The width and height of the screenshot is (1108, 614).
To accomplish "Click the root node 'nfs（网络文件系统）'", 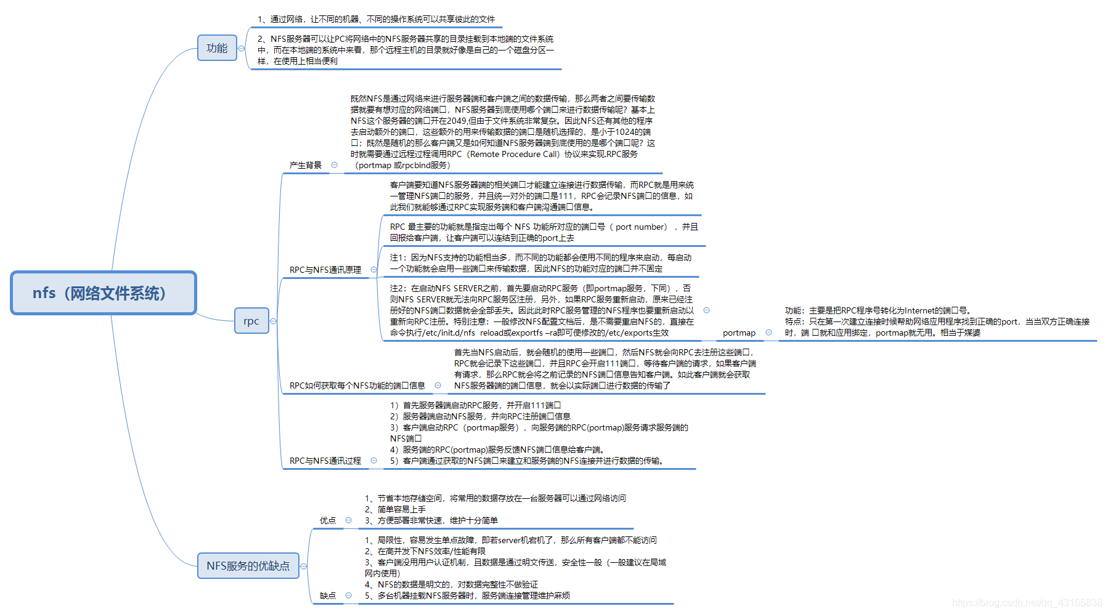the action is pos(104,293).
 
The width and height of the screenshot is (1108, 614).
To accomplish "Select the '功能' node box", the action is pos(217,48).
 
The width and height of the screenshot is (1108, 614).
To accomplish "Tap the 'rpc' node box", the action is pos(251,321).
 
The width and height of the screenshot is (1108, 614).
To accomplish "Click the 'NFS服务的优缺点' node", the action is pos(248,566).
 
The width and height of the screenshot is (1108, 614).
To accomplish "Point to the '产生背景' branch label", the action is pos(306,165).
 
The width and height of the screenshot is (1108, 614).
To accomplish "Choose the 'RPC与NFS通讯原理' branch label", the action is pos(325,270).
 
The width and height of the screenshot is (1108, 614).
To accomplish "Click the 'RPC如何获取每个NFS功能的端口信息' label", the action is pos(357,386).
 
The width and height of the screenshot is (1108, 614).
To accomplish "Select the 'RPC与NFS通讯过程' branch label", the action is pos(325,461).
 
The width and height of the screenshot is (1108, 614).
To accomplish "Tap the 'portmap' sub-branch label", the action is pos(739,333).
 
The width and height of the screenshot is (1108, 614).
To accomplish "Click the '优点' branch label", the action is pos(328,520).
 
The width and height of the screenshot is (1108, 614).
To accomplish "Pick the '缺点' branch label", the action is pos(328,596).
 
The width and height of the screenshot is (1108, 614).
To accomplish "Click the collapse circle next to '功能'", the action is pos(242,48).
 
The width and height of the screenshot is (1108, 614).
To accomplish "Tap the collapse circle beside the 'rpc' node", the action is pos(274,321).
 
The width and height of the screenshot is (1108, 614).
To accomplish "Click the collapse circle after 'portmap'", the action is pos(768,333).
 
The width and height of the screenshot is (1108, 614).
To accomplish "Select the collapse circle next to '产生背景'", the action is pos(335,164).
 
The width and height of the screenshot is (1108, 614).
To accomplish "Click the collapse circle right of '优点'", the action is pos(349,520).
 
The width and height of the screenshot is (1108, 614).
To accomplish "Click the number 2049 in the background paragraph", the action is pos(457,121).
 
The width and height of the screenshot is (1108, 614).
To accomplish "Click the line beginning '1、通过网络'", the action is pos(376,19).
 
